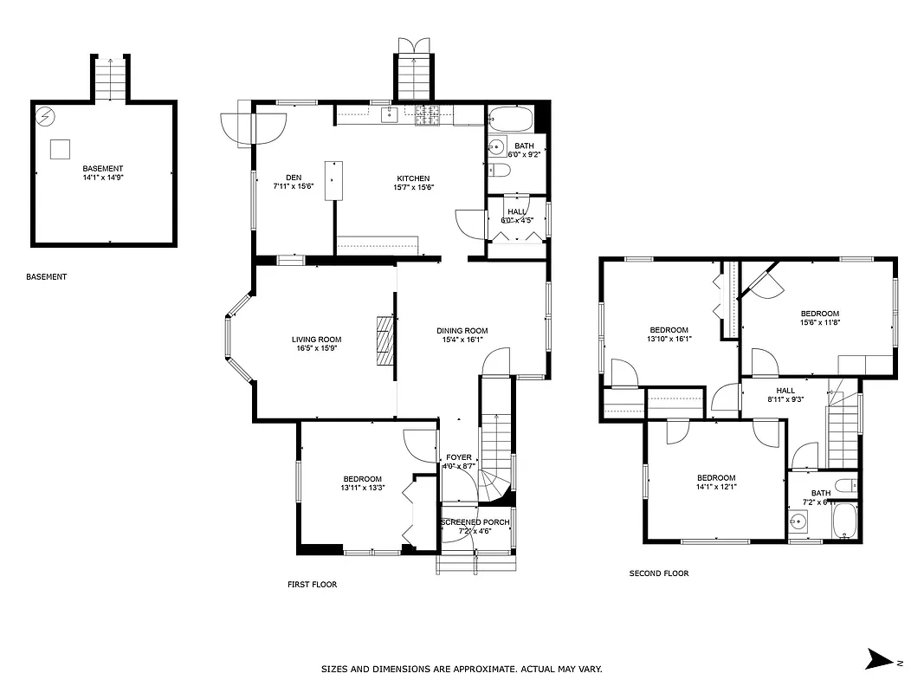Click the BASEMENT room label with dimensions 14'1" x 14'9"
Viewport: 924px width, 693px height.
(x=103, y=173)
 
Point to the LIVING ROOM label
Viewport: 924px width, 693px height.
(x=316, y=344)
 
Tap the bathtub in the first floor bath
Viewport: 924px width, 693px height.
(x=512, y=119)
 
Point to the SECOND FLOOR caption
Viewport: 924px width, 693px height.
(x=658, y=573)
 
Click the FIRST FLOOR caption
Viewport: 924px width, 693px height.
(x=312, y=585)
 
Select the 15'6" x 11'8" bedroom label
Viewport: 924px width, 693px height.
(x=819, y=318)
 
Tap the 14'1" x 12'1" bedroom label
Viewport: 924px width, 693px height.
(x=716, y=483)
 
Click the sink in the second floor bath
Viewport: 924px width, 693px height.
(x=798, y=521)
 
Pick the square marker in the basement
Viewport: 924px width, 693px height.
(x=60, y=148)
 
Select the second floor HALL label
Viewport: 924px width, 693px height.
(x=785, y=395)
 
